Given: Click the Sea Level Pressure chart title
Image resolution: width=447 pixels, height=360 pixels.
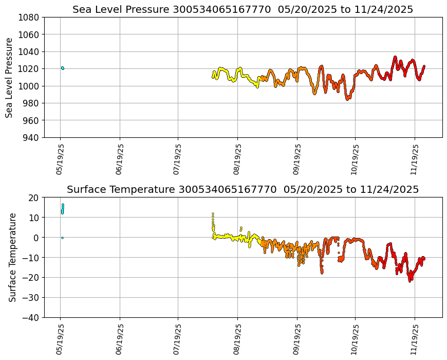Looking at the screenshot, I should (243, 9).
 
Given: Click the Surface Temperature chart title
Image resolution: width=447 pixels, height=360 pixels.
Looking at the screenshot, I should (243, 189).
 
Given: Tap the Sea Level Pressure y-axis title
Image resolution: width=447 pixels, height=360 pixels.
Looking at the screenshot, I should (9, 77).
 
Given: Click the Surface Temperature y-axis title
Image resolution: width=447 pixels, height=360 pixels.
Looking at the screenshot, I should (12, 257).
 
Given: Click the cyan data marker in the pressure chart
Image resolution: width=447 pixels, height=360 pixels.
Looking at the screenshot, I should (62, 68).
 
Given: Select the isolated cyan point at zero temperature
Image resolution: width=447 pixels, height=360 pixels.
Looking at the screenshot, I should (62, 238).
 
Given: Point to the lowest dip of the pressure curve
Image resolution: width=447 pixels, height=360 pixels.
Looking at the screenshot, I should (347, 99).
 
